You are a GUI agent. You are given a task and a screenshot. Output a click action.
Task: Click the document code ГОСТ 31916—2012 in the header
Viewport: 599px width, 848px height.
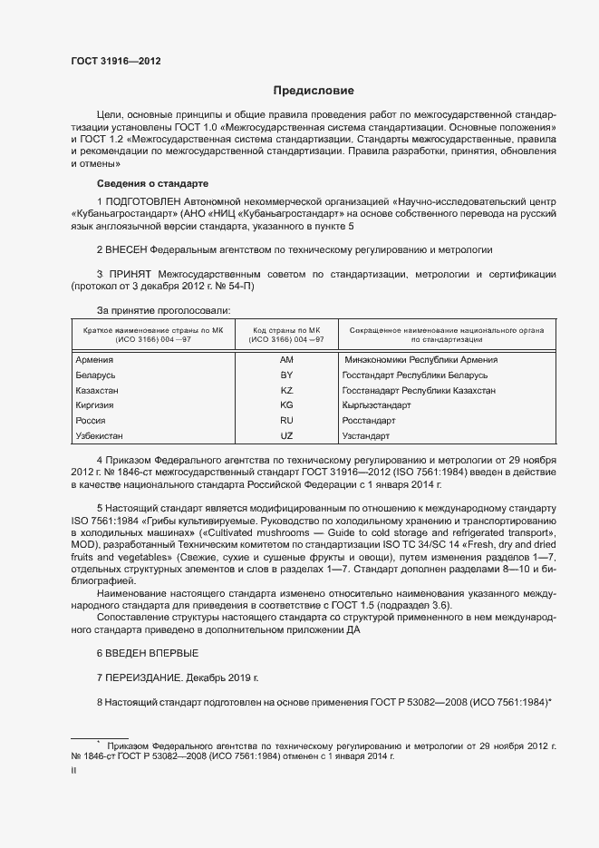[116, 61]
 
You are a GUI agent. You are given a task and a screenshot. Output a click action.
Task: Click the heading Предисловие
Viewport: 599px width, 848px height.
[314, 92]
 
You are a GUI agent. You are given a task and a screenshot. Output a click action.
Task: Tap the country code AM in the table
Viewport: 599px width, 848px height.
[287, 360]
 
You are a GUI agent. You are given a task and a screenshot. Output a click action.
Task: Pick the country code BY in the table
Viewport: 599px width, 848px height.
[287, 375]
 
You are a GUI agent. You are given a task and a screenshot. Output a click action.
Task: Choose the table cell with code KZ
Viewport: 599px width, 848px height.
[287, 390]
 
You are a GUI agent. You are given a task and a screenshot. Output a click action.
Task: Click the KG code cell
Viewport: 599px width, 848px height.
[287, 405]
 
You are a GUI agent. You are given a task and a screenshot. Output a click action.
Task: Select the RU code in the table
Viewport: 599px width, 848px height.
[287, 421]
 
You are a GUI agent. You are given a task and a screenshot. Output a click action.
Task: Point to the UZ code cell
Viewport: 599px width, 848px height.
[287, 436]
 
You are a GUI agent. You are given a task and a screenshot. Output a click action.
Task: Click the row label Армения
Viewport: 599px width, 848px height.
[94, 360]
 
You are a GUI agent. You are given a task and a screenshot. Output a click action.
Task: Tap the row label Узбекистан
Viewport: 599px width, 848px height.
[101, 436]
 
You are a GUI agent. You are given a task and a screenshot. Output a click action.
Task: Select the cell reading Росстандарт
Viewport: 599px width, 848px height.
[369, 421]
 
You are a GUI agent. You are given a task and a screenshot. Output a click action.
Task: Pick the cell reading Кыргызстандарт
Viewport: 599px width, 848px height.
[376, 405]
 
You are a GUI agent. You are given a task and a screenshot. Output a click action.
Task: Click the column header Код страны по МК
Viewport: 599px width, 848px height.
[287, 331]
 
